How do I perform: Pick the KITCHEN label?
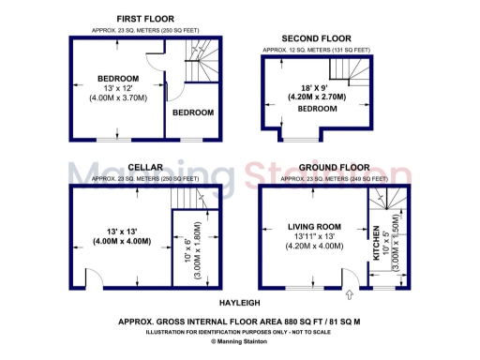[376, 241]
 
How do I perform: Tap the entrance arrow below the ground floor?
[350, 297]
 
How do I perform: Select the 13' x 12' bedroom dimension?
[118, 87]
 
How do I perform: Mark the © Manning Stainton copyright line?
[240, 343]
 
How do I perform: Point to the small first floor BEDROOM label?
[192, 112]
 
